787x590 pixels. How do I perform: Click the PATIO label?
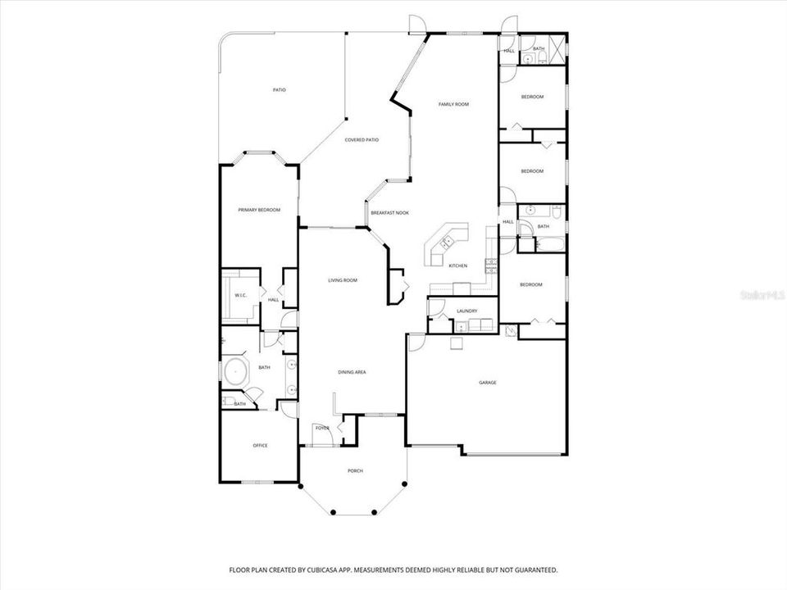(280, 89)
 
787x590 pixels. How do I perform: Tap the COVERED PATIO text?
(362, 140)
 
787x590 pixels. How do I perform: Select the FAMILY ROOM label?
(453, 104)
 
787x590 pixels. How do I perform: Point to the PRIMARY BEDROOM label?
(259, 211)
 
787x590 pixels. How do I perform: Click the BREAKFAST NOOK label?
(389, 213)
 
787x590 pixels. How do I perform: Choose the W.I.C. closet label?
(241, 295)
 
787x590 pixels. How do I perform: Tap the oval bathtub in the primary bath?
(237, 372)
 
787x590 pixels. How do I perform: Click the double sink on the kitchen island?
(447, 242)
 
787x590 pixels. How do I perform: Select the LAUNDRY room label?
(466, 311)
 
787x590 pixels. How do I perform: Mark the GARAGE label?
(488, 383)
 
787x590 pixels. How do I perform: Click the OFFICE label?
(260, 446)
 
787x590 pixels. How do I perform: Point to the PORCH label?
(355, 470)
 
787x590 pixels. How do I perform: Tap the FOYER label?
(322, 429)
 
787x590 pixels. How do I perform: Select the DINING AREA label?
(352, 372)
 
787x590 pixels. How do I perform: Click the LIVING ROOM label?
(343, 280)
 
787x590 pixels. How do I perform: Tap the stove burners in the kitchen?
(490, 264)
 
